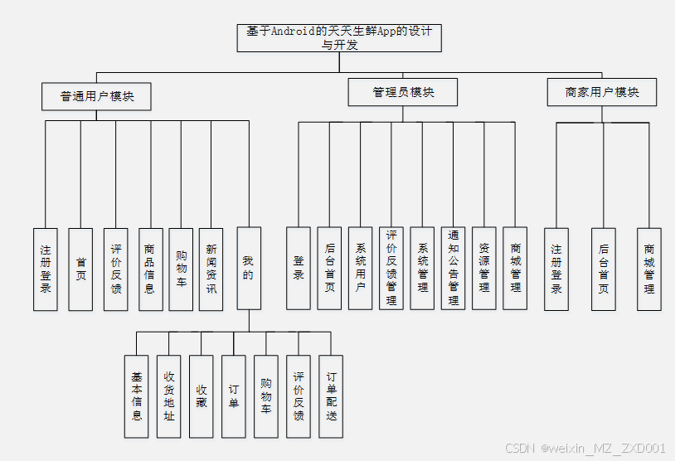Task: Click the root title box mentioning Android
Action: tap(338, 38)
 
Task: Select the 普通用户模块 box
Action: tap(97, 95)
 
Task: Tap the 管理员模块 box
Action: tap(403, 92)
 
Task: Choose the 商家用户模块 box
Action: tap(602, 92)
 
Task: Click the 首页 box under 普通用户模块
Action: tap(80, 269)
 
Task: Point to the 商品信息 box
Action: tap(149, 269)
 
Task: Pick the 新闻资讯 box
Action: tap(211, 269)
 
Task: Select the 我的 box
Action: tap(248, 269)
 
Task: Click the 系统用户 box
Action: tap(361, 269)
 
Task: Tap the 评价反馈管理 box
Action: tap(391, 269)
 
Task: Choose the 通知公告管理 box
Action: tap(453, 269)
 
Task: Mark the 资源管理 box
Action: tap(484, 269)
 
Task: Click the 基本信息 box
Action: tap(137, 395)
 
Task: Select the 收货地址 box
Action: tap(169, 395)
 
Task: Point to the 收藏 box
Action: tap(202, 395)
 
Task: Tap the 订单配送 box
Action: tap(331, 395)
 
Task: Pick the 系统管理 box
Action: tap(423, 269)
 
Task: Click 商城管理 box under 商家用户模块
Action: tap(649, 269)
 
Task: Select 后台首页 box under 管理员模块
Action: tap(329, 269)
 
